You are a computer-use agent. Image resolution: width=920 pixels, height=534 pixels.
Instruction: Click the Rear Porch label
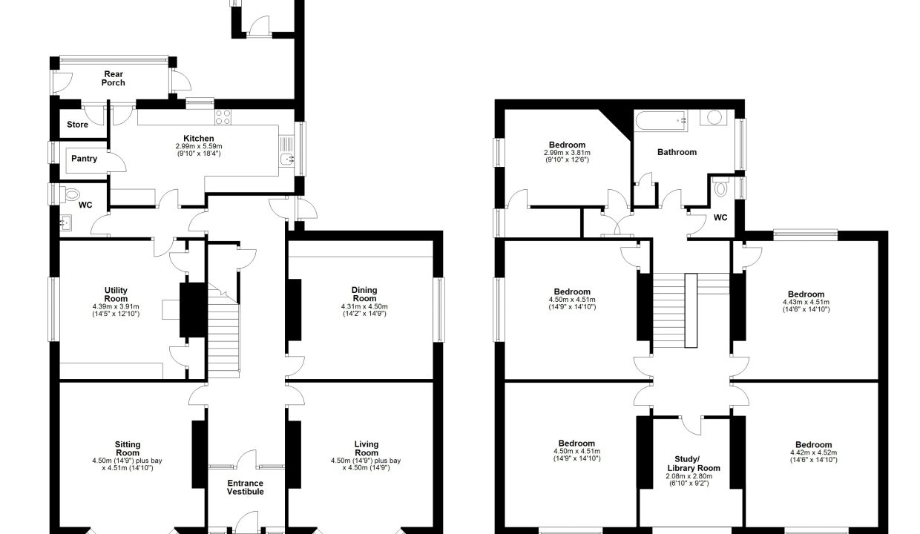click(x=114, y=79)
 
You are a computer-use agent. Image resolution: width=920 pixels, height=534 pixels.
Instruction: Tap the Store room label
click(x=77, y=125)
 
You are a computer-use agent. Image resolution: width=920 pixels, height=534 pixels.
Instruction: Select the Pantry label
click(x=84, y=159)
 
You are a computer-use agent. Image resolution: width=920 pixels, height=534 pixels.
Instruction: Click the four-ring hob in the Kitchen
click(x=223, y=117)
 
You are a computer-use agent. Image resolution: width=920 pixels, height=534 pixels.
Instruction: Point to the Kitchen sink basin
click(x=286, y=159)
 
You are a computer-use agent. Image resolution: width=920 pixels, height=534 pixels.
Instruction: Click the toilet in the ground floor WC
click(x=70, y=194)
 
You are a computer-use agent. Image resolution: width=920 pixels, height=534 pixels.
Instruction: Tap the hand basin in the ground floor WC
click(x=66, y=223)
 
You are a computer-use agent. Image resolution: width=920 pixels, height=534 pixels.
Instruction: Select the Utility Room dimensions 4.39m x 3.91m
click(x=116, y=306)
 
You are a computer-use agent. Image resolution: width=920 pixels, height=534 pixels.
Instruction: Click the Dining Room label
click(x=364, y=294)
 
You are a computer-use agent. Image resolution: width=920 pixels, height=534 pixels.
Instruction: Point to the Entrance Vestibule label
click(x=245, y=487)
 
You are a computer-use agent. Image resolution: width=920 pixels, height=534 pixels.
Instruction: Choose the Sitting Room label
click(x=128, y=449)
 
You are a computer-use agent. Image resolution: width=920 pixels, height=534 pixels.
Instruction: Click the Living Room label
click(x=367, y=448)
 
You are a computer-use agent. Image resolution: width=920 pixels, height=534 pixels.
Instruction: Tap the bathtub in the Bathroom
click(x=661, y=121)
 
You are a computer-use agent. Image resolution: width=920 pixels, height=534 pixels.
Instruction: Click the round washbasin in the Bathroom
click(x=714, y=117)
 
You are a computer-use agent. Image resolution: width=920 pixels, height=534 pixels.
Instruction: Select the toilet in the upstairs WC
click(x=720, y=187)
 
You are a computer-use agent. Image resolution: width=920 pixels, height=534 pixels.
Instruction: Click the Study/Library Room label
click(x=694, y=464)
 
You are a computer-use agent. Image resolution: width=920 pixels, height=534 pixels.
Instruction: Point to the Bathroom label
click(x=677, y=152)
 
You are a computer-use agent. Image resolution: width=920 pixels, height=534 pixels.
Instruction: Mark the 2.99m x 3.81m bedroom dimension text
click(x=567, y=152)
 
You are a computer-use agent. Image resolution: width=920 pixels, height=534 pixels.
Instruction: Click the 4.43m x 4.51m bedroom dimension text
click(x=806, y=302)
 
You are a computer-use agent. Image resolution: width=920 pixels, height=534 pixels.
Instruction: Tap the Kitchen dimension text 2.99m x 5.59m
click(x=199, y=146)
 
